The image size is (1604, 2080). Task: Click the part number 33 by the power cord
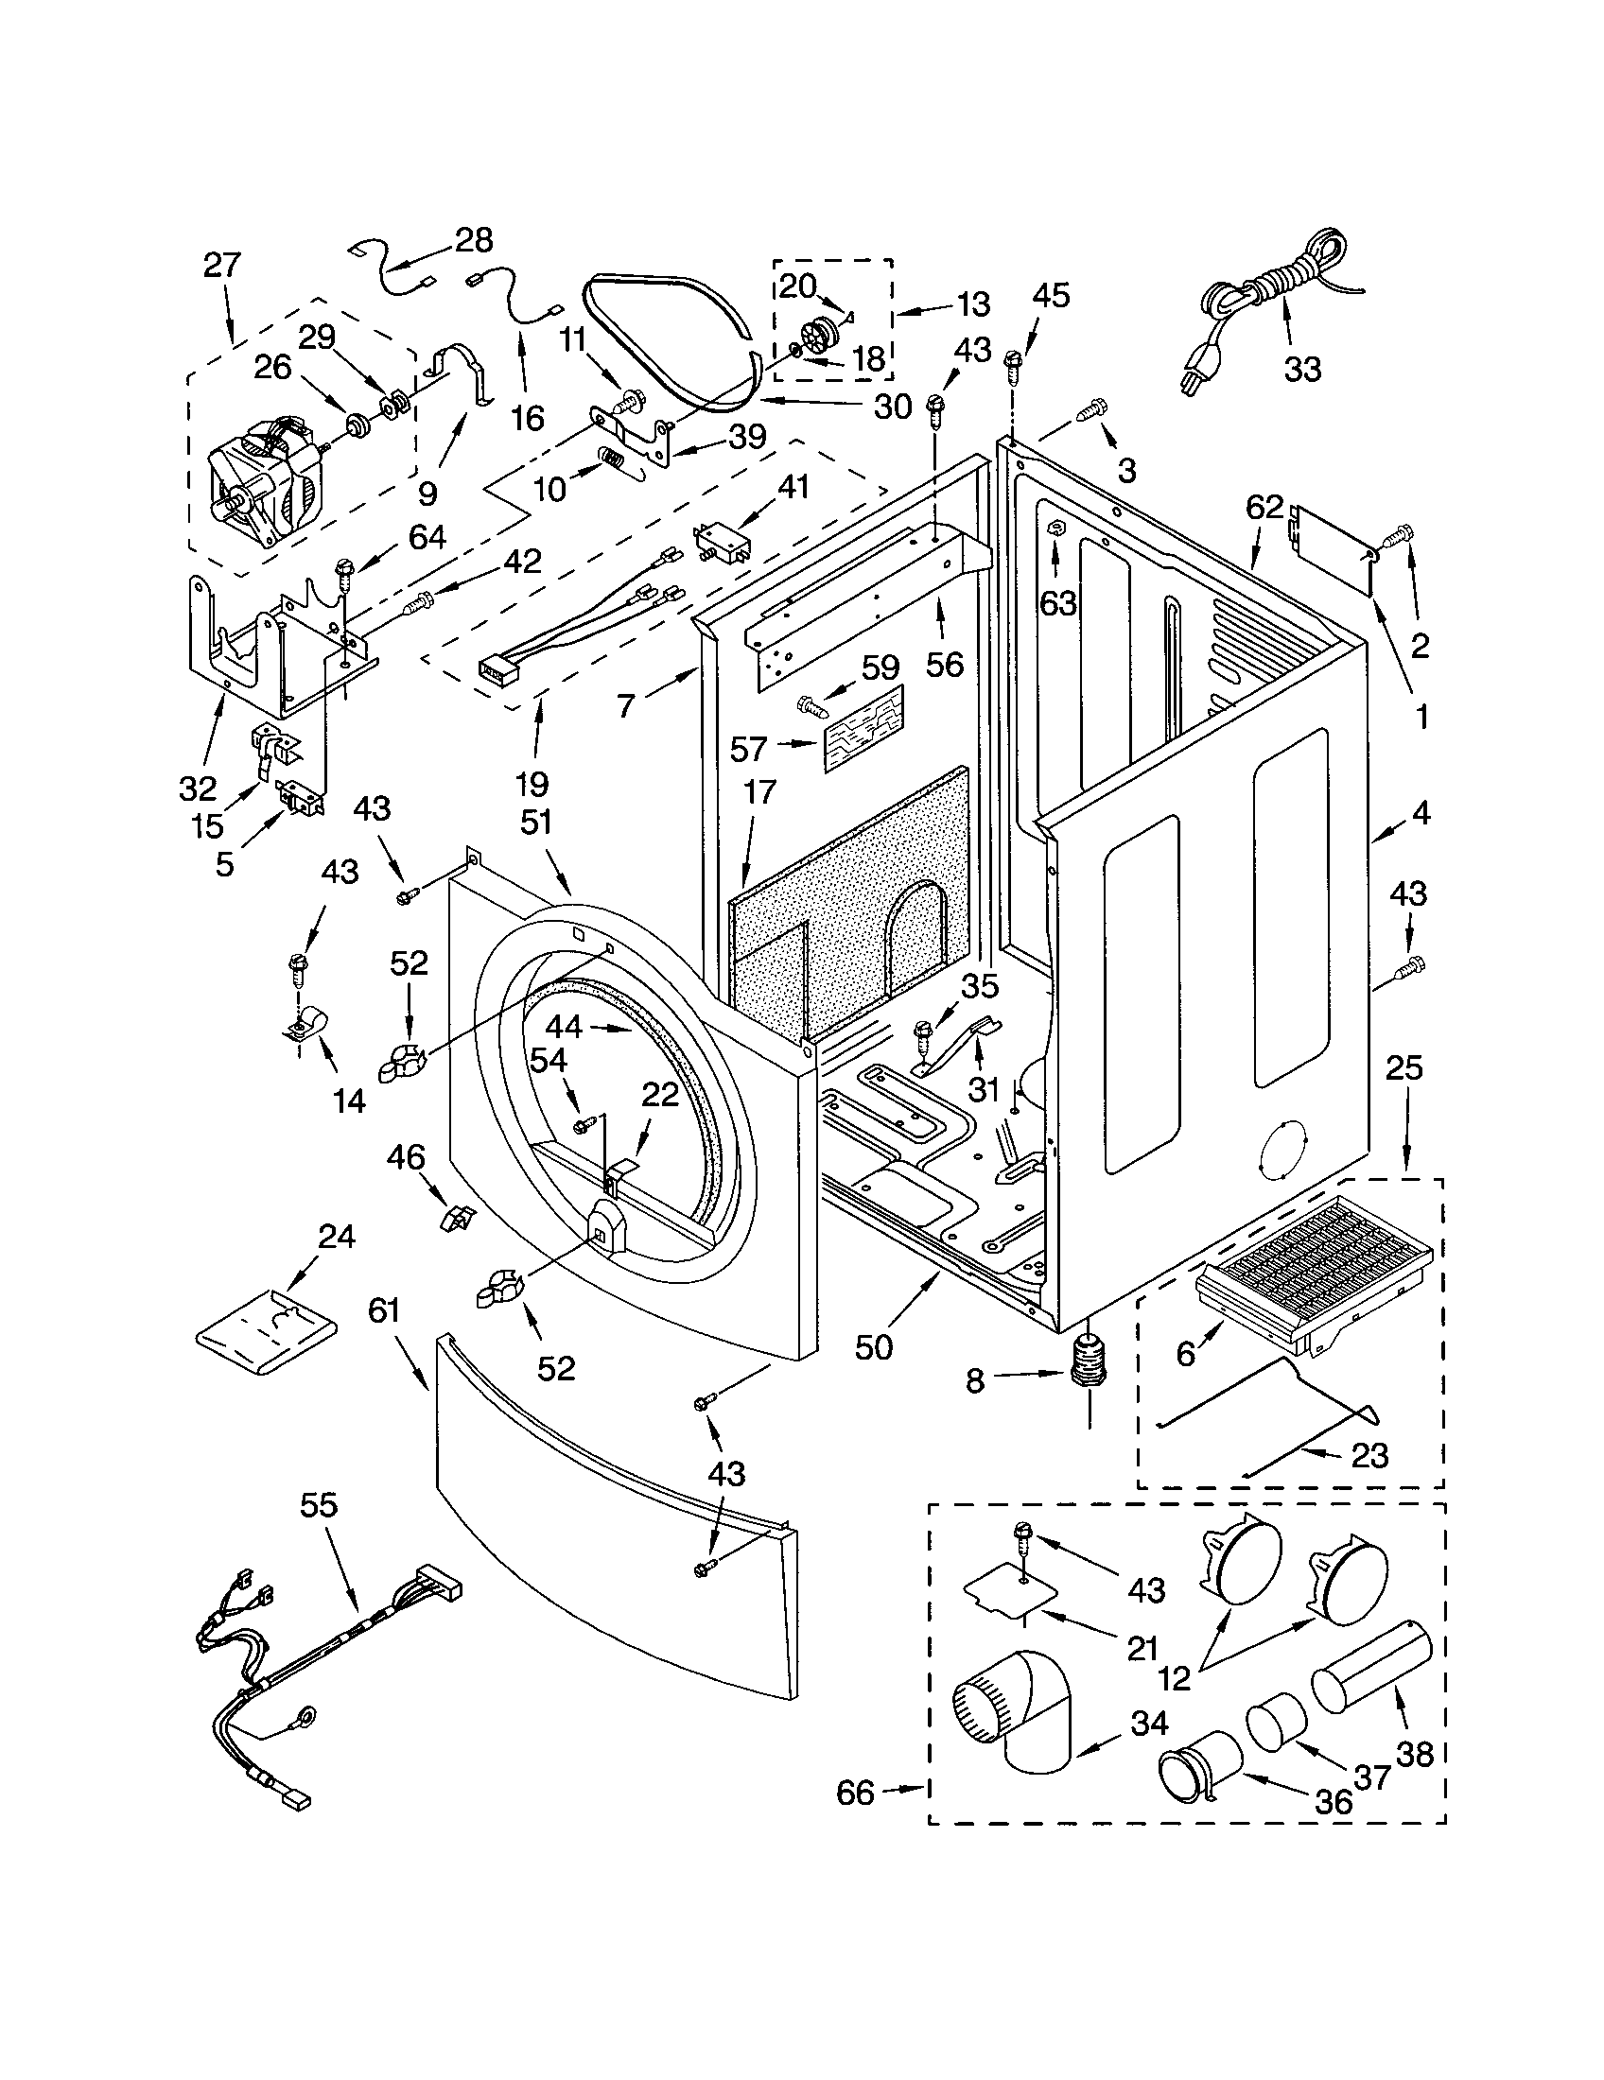click(1302, 369)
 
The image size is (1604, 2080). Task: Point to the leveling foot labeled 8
click(1087, 1372)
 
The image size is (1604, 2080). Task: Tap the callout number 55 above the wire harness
click(318, 1505)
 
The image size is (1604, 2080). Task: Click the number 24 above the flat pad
click(337, 1237)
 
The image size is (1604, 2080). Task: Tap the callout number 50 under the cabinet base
click(874, 1347)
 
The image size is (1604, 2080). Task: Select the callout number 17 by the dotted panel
click(759, 791)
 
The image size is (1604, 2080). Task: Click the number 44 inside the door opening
click(564, 1027)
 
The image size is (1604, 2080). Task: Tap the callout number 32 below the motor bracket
click(198, 788)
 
